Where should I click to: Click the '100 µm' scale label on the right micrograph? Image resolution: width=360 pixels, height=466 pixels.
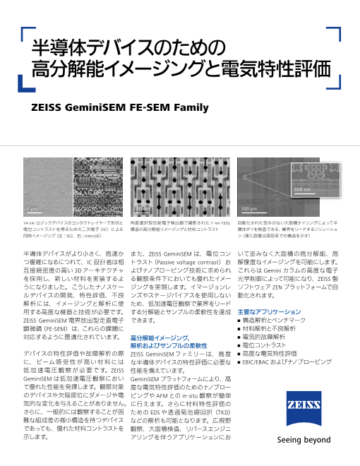click(x=248, y=209)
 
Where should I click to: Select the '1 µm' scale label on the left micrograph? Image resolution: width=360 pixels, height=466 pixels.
click(x=32, y=210)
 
